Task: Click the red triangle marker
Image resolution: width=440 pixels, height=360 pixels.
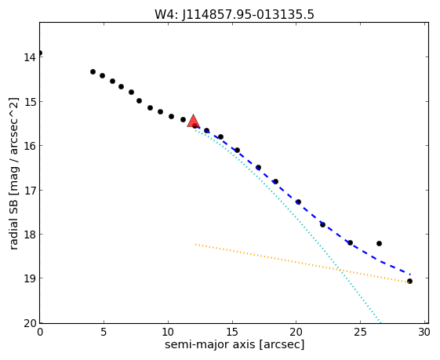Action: (194, 121)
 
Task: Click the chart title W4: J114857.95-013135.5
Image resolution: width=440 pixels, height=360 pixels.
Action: (235, 15)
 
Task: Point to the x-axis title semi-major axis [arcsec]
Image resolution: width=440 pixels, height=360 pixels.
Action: (235, 344)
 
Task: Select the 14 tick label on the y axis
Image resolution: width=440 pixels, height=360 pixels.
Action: (30, 57)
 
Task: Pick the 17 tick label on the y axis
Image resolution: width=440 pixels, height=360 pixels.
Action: (30, 191)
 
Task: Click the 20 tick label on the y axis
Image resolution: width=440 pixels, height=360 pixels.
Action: (30, 323)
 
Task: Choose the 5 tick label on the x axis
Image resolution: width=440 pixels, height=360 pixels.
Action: (104, 333)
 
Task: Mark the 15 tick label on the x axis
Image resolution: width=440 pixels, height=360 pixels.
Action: (232, 333)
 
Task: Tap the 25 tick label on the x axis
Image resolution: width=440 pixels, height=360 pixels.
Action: (360, 333)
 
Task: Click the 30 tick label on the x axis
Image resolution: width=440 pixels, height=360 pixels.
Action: (424, 333)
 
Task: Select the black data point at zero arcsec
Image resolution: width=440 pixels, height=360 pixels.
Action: (40, 53)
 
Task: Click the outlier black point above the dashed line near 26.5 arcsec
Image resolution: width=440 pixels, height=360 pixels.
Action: (379, 243)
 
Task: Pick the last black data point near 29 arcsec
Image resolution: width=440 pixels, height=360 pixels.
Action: (409, 281)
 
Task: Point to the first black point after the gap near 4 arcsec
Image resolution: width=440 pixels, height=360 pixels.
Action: (93, 71)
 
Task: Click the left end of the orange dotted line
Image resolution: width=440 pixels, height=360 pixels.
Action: (195, 244)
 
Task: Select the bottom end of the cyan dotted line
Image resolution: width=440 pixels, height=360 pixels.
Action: (380, 322)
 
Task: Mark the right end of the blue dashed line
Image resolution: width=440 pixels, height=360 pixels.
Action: (410, 275)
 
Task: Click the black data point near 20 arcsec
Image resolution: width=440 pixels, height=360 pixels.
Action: (298, 202)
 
